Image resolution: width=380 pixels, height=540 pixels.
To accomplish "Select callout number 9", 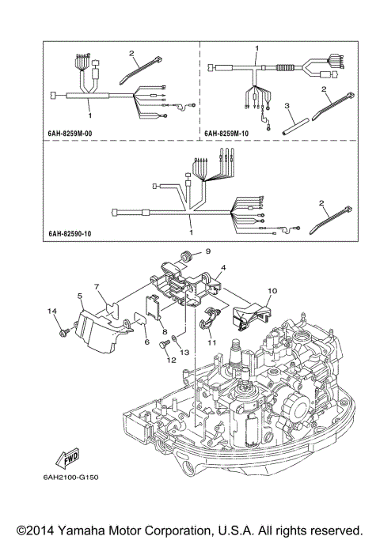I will click(209, 251).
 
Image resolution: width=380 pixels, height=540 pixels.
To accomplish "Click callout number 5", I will click(80, 296).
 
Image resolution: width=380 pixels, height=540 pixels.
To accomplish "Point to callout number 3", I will click(288, 105).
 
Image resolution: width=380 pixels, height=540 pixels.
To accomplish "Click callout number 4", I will click(223, 268).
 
